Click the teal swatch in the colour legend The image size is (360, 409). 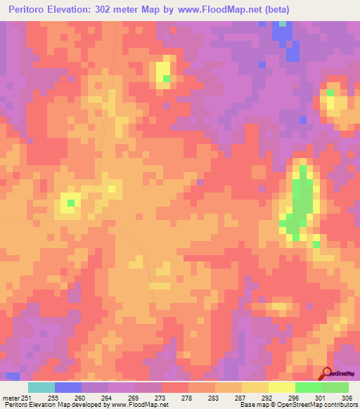[41, 387]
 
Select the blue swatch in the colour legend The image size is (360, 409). [68, 387]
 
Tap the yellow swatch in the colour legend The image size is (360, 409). [281, 387]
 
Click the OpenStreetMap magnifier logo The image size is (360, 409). [327, 372]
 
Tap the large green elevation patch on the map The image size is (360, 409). [303, 200]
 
